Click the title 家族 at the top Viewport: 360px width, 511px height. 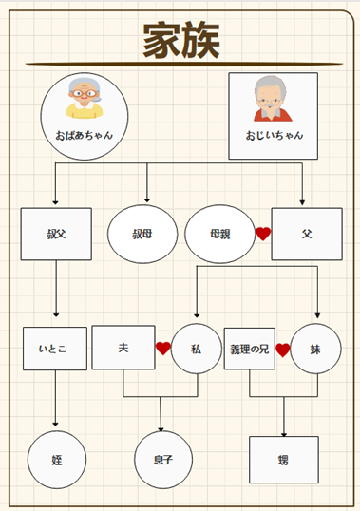[x=180, y=41]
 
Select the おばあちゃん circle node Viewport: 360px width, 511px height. [x=85, y=116]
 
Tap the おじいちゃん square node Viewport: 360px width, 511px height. [x=274, y=116]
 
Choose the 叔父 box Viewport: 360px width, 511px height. [x=56, y=234]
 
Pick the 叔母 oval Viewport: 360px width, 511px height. [x=143, y=234]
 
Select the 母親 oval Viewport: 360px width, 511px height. [x=220, y=234]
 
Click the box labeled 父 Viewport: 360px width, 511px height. [x=306, y=234]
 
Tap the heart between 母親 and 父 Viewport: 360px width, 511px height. [x=263, y=234]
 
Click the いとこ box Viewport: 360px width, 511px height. [x=55, y=349]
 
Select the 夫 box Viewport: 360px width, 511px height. [x=123, y=349]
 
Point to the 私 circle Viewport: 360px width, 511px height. [x=196, y=350]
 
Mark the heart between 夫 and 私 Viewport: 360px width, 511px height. [x=163, y=349]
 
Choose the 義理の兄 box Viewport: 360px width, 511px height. [x=249, y=349]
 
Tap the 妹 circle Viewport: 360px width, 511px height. [x=315, y=349]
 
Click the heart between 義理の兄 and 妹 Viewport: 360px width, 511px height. [x=282, y=350]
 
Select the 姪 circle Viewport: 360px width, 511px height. [x=56, y=459]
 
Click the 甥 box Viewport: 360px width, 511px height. [x=283, y=459]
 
